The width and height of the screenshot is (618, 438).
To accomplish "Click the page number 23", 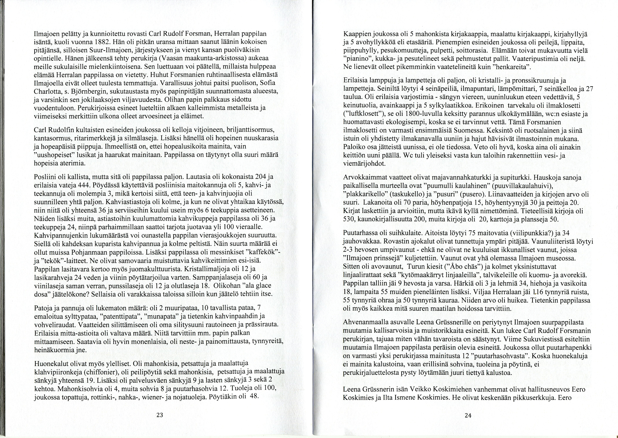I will tap(160, 415).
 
